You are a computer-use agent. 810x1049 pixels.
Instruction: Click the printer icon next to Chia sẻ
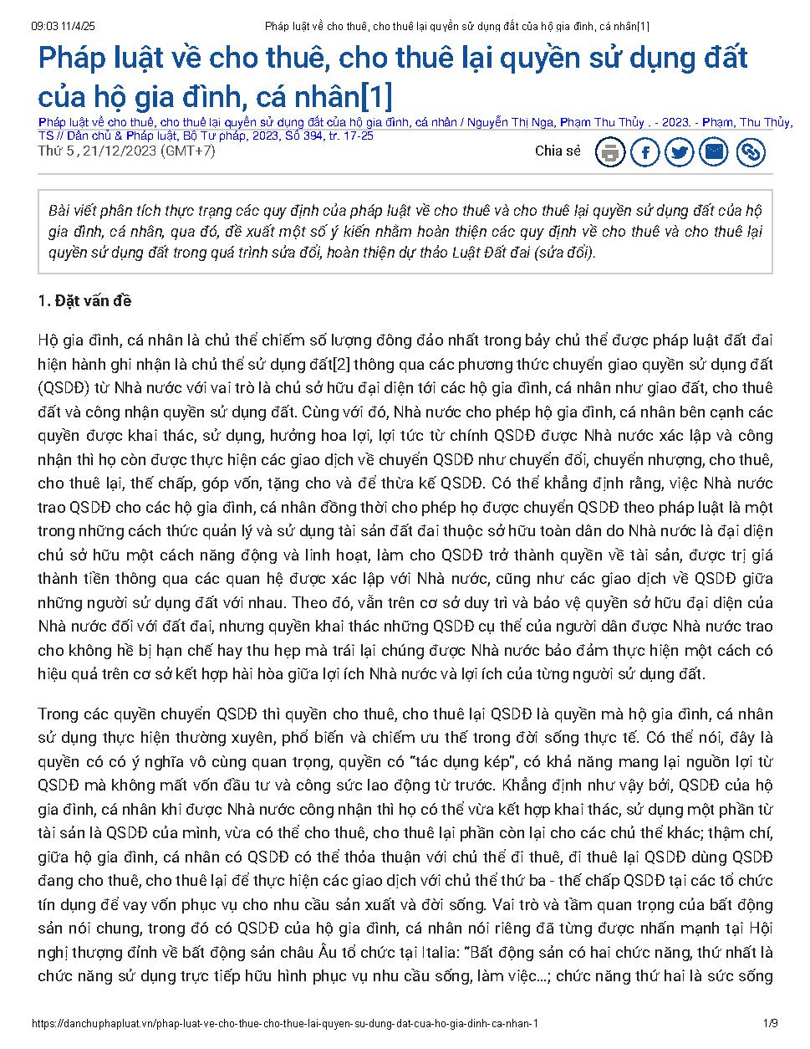click(x=610, y=152)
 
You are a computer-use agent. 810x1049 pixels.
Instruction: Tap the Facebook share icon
click(x=645, y=152)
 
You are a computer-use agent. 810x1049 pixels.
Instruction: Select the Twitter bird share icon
click(x=680, y=152)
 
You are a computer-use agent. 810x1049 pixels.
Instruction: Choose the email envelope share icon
click(x=715, y=152)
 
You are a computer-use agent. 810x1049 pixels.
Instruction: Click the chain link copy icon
click(x=751, y=152)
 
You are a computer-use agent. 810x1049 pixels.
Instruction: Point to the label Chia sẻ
click(x=558, y=151)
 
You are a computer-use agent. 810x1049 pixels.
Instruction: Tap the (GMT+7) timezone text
click(x=188, y=151)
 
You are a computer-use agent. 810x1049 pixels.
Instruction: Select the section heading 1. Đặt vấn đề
click(x=84, y=301)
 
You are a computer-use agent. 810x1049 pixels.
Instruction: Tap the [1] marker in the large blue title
click(x=375, y=95)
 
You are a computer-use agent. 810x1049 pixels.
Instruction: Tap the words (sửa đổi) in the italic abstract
click(x=568, y=253)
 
